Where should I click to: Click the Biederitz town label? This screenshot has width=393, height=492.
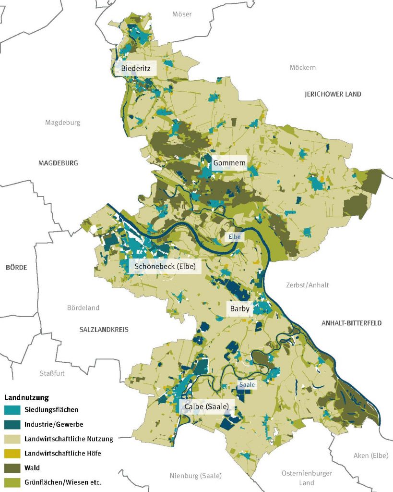(x=136, y=69)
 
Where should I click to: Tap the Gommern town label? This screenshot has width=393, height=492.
(x=229, y=163)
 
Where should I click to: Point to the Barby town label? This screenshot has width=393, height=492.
(x=239, y=309)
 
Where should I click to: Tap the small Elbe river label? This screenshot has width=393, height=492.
(x=234, y=236)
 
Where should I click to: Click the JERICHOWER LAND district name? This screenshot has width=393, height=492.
(x=333, y=94)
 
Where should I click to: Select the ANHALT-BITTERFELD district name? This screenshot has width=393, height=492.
(x=351, y=323)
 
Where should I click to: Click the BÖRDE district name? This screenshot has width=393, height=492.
(x=16, y=267)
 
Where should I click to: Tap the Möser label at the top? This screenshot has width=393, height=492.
(x=182, y=14)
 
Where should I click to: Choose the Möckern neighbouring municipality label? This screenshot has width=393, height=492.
(x=302, y=67)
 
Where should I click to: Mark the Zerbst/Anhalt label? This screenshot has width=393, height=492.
(x=307, y=285)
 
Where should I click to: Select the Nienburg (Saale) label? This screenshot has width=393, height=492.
(x=195, y=476)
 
